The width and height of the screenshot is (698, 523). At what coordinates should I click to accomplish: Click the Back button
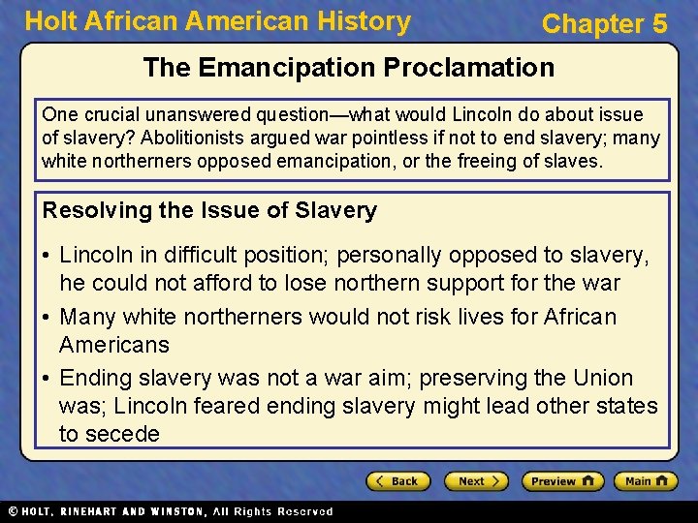click(x=398, y=481)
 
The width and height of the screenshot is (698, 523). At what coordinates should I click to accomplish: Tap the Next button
click(x=475, y=481)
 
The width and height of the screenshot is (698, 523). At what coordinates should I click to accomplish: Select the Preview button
click(x=562, y=481)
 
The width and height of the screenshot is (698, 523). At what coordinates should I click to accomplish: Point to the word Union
click(x=602, y=378)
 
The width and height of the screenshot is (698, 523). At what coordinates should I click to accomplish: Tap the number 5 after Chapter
click(x=659, y=24)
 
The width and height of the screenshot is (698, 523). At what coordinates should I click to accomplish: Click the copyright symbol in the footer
click(x=12, y=511)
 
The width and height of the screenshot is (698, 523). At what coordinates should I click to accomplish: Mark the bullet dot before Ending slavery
click(x=47, y=379)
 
